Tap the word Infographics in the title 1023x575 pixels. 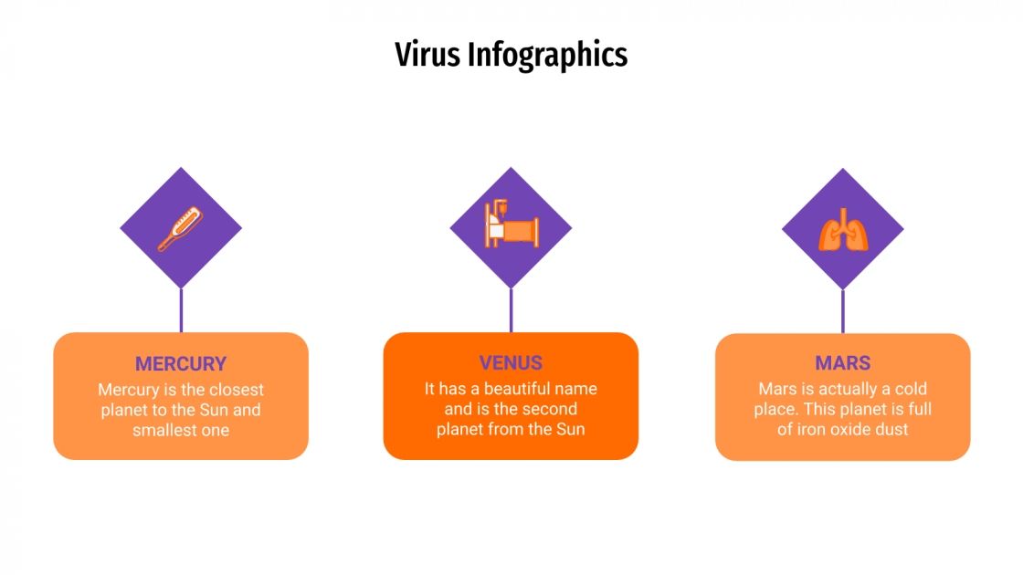pos(547,56)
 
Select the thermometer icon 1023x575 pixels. pos(180,228)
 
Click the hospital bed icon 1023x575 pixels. pos(511,227)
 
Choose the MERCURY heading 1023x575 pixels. pos(181,363)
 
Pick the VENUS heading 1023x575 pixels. pos(511,363)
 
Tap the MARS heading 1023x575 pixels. pos(842,363)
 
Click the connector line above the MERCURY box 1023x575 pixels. pos(181,310)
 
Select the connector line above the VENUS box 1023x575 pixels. pos(511,310)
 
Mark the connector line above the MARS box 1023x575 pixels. pos(842,310)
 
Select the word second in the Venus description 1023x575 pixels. pos(549,409)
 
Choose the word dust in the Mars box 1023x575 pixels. pos(892,429)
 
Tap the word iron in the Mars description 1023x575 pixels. pos(810,429)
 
